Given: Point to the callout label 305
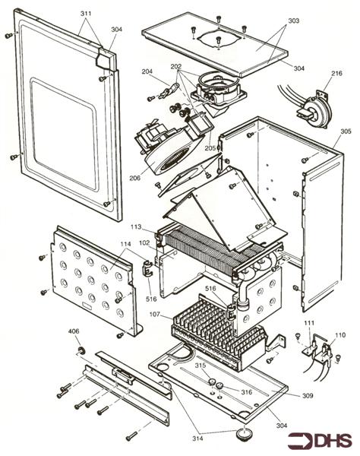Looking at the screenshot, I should tap(346, 131).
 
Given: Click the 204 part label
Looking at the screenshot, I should tap(147, 73).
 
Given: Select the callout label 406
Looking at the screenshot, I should tap(74, 331).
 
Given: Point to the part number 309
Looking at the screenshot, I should tap(307, 395).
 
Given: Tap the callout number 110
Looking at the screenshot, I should tap(339, 334).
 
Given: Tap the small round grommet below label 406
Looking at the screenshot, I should tap(77, 348).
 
